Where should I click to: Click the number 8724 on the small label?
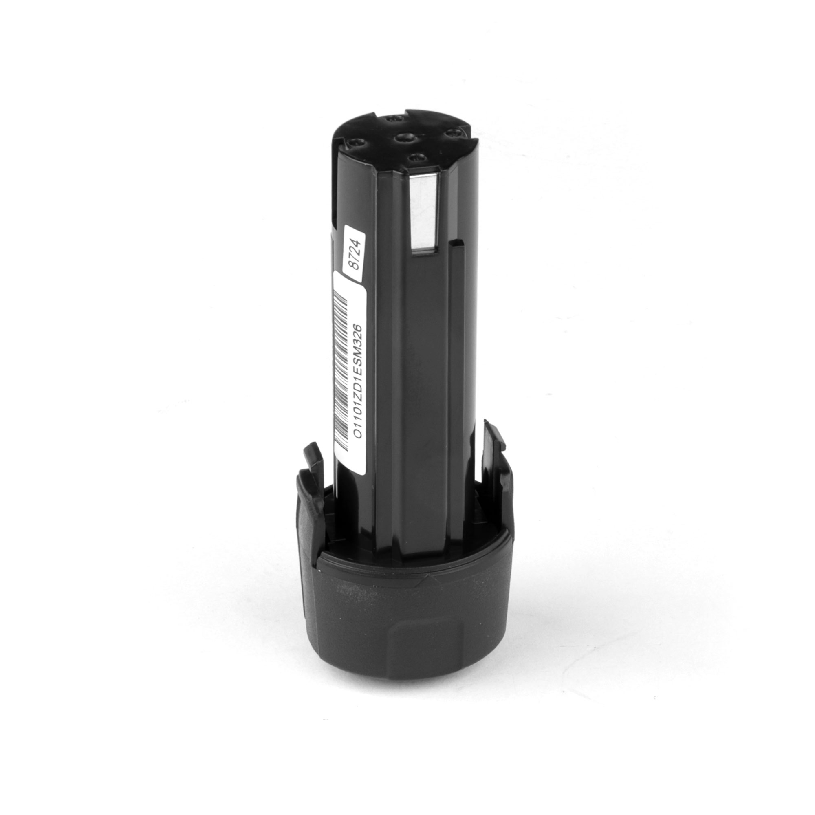point(355,255)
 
